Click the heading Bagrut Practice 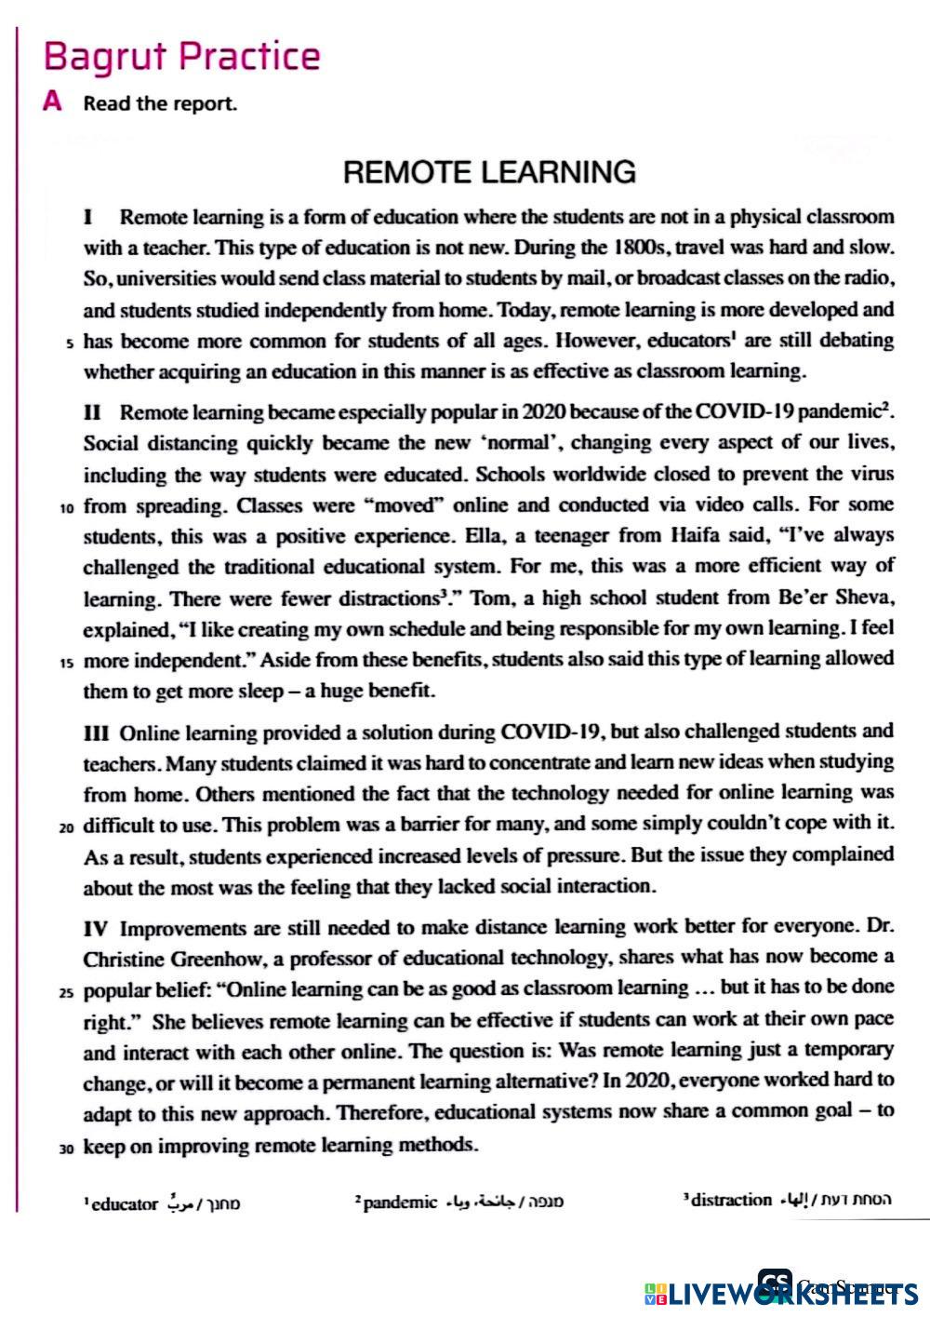[x=181, y=58]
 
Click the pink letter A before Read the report [x=54, y=102]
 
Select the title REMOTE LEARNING [x=489, y=172]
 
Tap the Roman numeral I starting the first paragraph [x=88, y=218]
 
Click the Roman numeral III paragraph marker [x=97, y=732]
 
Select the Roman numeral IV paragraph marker [x=97, y=928]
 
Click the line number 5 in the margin [x=70, y=343]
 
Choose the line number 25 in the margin [x=67, y=992]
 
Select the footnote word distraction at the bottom [x=729, y=1199]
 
